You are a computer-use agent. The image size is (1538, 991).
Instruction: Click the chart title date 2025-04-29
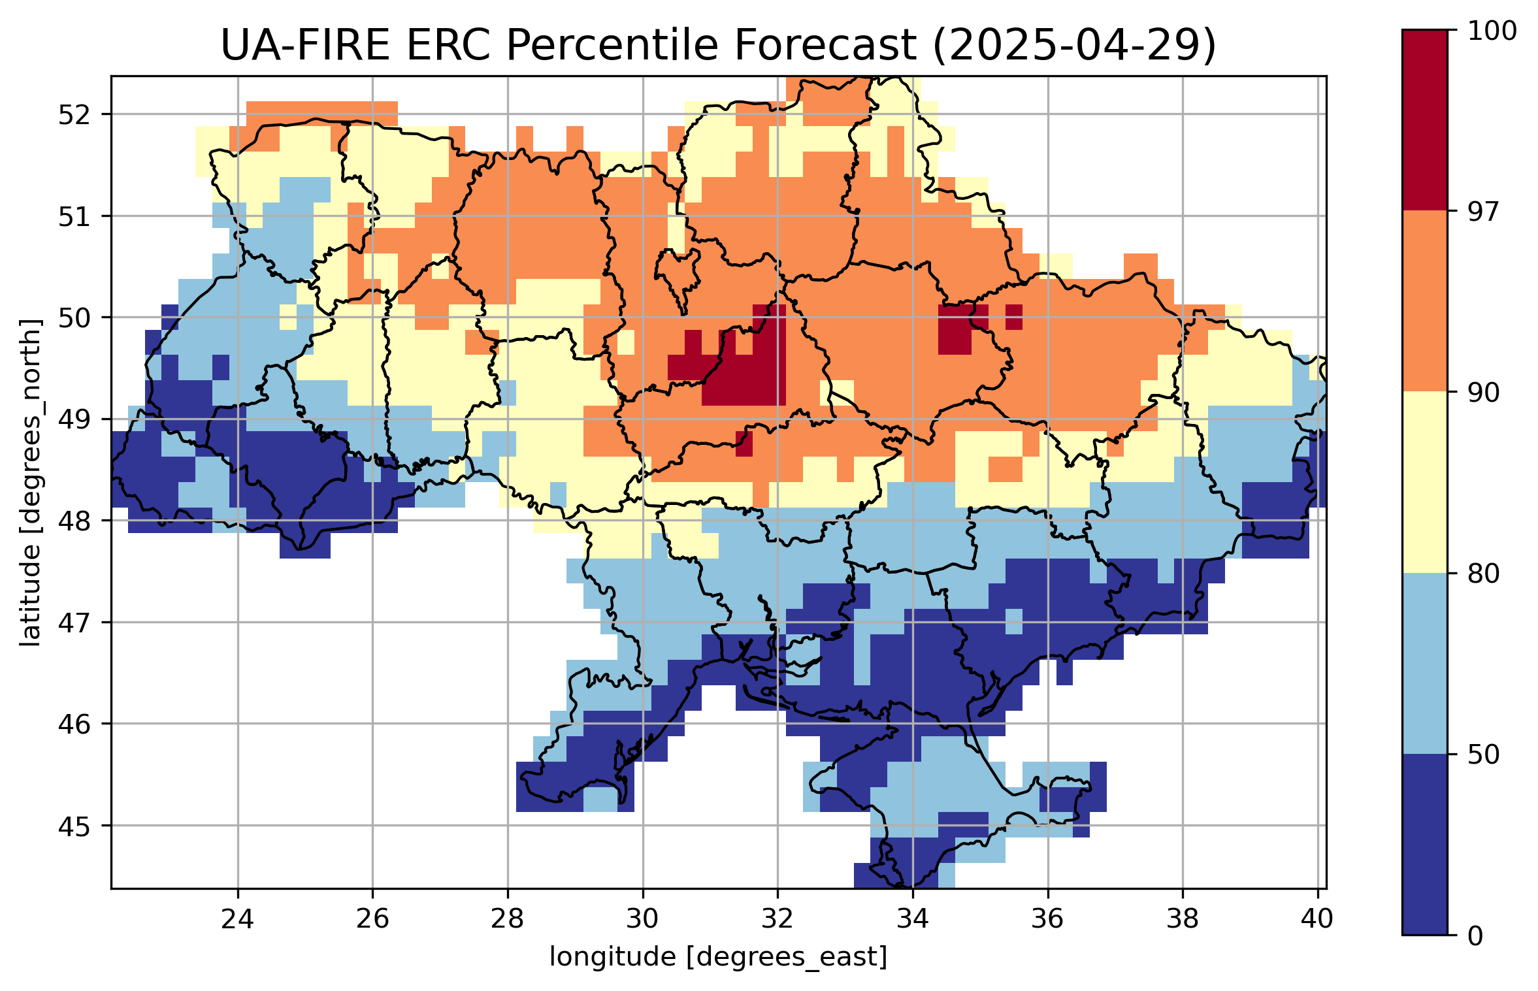(x=1073, y=46)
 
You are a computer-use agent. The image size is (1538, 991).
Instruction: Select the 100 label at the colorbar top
(x=1492, y=31)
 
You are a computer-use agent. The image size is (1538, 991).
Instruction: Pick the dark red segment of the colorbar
(x=1424, y=120)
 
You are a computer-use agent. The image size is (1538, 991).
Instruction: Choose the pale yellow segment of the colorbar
(x=1424, y=482)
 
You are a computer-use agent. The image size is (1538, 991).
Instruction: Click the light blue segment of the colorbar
(x=1424, y=663)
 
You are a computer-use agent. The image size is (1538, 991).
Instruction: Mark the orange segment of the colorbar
(x=1424, y=301)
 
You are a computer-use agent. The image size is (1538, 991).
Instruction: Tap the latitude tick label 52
(x=74, y=115)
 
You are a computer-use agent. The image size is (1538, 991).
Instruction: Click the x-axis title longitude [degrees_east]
(x=718, y=958)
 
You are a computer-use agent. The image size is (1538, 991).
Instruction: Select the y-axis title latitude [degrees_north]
(x=30, y=482)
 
